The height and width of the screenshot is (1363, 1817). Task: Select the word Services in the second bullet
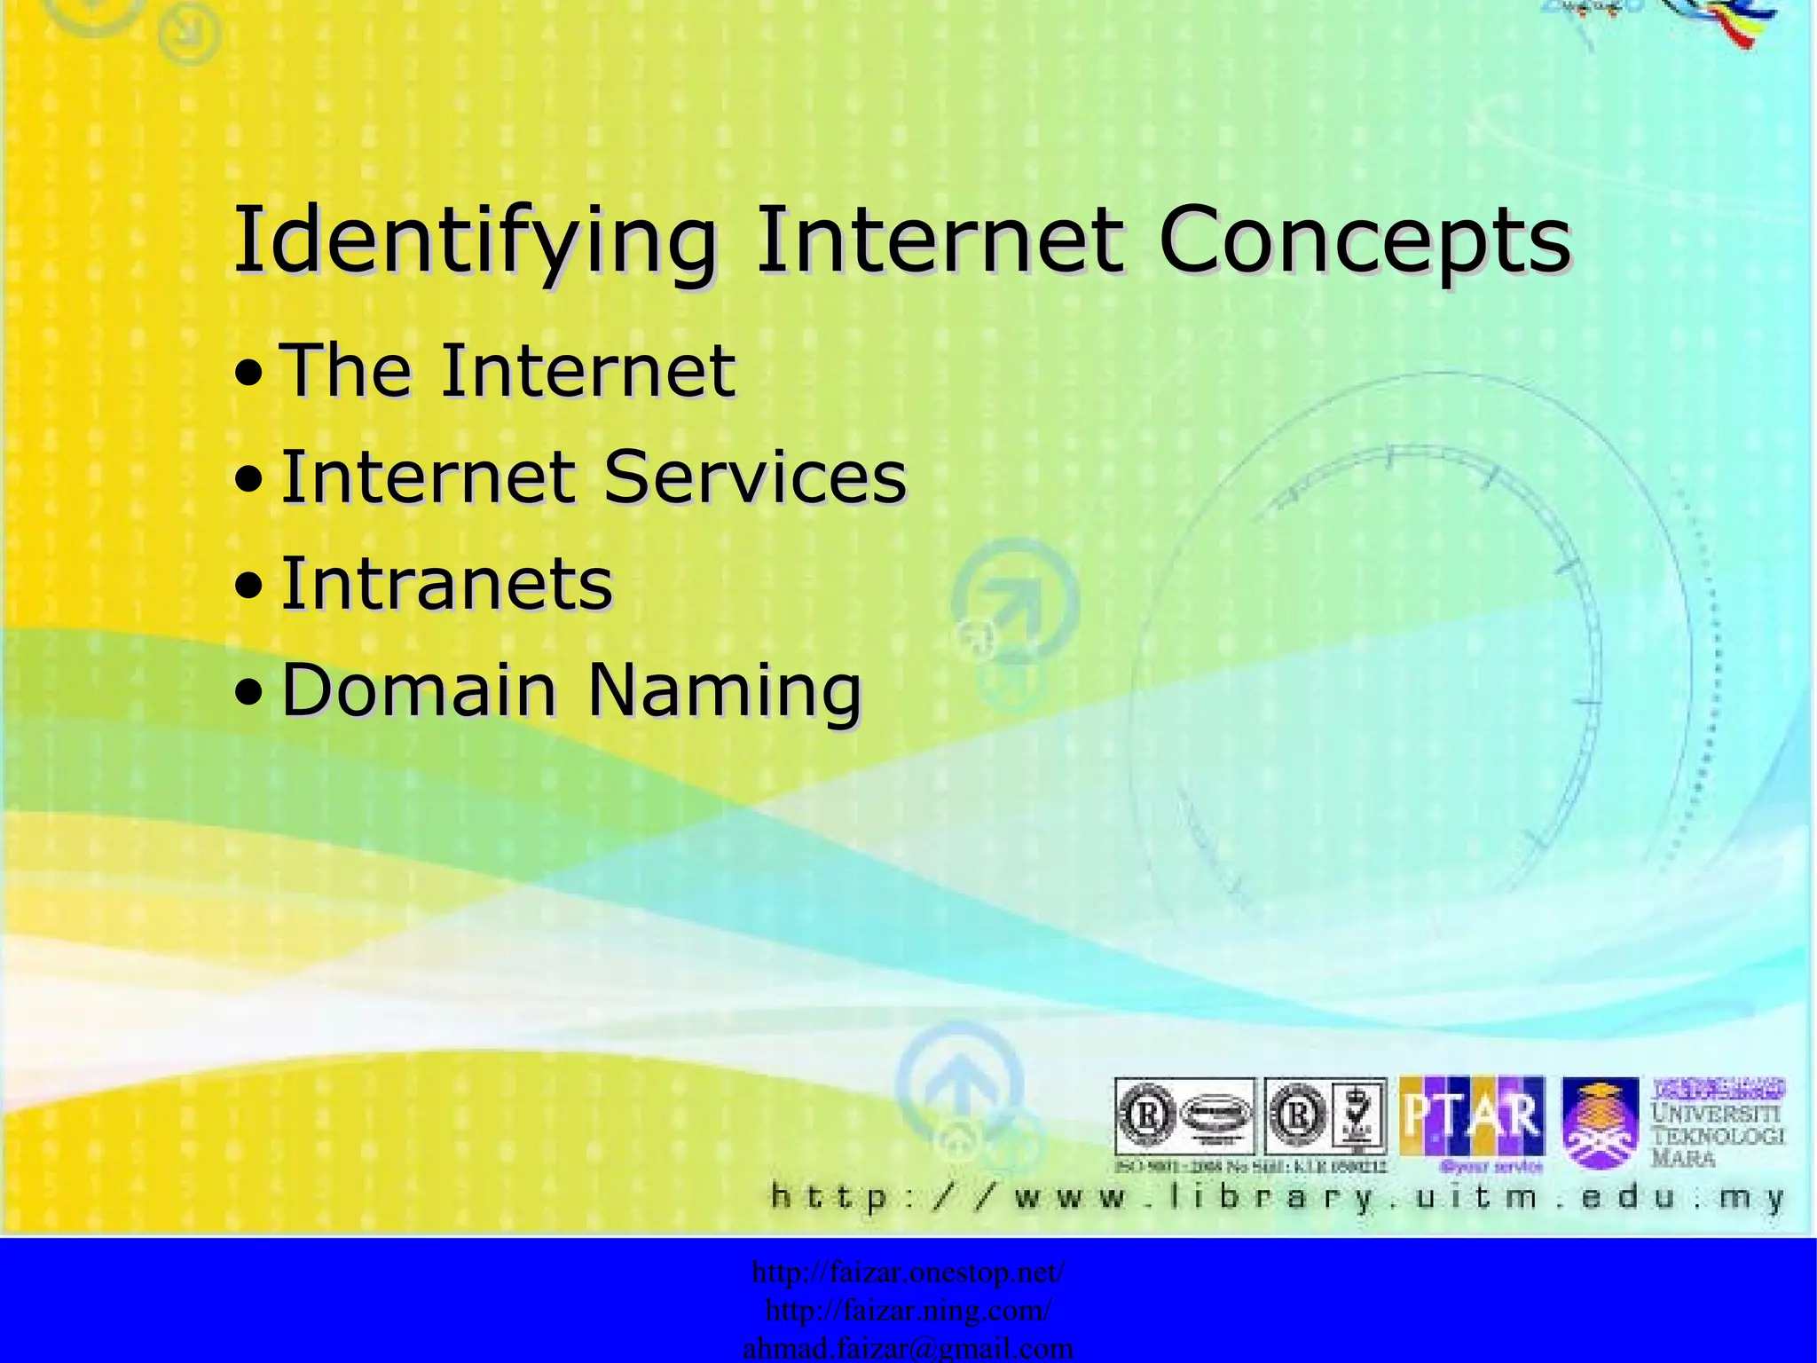pos(755,477)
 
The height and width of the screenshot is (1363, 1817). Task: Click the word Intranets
pos(446,584)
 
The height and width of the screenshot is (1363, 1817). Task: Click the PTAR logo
pos(1471,1117)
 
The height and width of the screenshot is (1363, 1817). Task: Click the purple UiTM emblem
pos(1600,1123)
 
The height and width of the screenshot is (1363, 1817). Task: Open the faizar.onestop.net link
pos(908,1272)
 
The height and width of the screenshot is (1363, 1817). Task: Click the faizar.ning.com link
pos(908,1311)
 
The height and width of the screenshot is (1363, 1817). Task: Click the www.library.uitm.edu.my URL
pos(1278,1198)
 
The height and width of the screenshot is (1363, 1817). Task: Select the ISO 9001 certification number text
pos(1250,1166)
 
